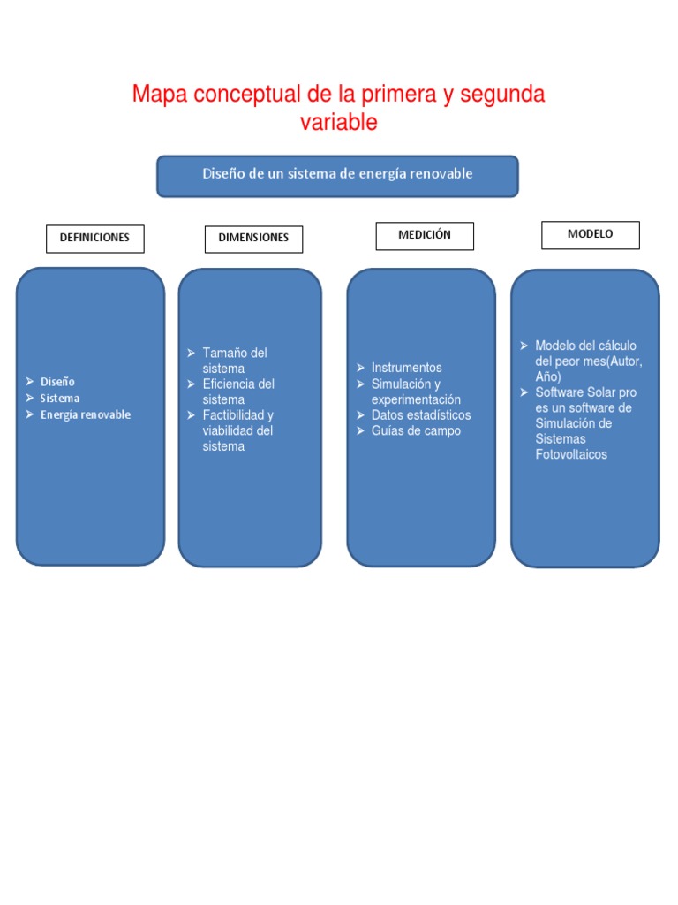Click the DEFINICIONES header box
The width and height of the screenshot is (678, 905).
click(x=94, y=238)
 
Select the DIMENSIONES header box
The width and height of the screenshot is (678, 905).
click(x=253, y=239)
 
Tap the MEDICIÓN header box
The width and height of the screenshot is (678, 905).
click(x=424, y=235)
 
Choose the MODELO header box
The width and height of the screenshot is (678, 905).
click(x=590, y=234)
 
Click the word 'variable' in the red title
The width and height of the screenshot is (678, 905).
click(x=338, y=123)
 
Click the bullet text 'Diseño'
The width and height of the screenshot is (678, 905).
click(x=57, y=382)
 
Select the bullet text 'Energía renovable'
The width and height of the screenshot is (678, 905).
click(x=85, y=415)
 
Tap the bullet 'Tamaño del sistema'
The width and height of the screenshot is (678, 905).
click(x=234, y=361)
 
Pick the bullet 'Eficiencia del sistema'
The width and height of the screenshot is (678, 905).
click(x=237, y=392)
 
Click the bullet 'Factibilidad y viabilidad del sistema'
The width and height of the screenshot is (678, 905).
click(x=237, y=430)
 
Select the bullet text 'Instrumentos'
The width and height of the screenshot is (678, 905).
click(x=406, y=368)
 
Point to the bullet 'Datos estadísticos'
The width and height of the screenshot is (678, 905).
click(x=421, y=415)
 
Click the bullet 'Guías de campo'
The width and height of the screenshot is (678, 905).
click(x=416, y=431)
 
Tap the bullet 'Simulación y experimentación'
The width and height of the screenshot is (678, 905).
click(x=415, y=392)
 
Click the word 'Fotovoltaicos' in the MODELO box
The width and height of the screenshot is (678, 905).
click(x=571, y=455)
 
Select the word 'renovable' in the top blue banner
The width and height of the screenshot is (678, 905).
click(x=440, y=174)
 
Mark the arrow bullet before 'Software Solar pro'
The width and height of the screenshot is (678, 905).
click(x=524, y=392)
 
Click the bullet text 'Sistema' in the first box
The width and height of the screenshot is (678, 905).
click(x=59, y=399)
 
